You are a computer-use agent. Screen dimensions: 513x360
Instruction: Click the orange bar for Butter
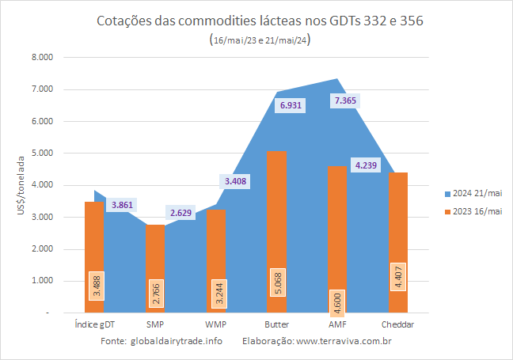tap(276, 232)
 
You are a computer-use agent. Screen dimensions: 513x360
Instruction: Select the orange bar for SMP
tap(155, 268)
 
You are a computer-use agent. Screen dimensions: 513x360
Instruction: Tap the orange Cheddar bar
tap(398, 242)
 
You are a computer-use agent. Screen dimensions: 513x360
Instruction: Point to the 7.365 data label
tap(345, 100)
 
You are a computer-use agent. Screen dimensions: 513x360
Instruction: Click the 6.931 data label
tap(291, 105)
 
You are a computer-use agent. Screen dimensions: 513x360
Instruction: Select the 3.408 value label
tap(235, 181)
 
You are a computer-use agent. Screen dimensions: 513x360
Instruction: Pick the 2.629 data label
tap(180, 213)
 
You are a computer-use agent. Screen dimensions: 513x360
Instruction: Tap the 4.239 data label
tap(366, 165)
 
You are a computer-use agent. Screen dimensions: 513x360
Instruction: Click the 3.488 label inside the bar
tap(97, 286)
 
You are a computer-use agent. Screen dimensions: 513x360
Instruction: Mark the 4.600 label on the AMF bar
tap(337, 304)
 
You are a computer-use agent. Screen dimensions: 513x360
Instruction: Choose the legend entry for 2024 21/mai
tap(473, 194)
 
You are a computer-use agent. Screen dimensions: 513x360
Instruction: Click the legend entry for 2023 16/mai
tap(473, 211)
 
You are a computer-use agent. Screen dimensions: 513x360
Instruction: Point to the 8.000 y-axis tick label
tap(42, 57)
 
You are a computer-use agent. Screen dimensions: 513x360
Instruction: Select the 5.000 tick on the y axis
tap(42, 153)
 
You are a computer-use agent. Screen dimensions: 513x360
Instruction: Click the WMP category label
tap(215, 324)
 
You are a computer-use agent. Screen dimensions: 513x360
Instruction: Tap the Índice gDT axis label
tap(95, 324)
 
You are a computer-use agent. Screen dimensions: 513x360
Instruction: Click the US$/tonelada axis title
tap(21, 185)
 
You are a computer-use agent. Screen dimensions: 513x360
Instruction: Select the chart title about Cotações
tap(260, 21)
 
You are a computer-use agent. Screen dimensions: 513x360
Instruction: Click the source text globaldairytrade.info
tap(177, 341)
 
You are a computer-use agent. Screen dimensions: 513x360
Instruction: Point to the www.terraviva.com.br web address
tap(344, 341)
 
